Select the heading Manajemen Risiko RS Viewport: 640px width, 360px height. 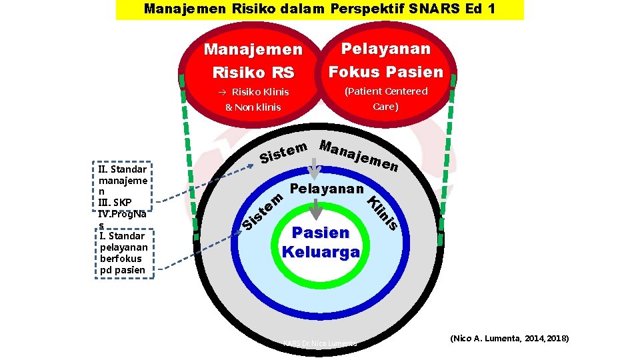click(253, 60)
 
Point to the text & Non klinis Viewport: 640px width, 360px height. click(253, 107)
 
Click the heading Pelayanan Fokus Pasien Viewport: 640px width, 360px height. click(386, 60)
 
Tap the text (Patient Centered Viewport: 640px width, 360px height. click(386, 91)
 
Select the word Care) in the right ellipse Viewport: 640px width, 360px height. click(386, 107)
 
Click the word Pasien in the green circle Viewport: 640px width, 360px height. click(321, 233)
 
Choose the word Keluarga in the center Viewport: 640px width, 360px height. click(321, 252)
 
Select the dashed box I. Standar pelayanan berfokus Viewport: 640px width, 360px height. click(125, 252)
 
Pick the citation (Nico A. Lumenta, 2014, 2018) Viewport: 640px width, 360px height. click(510, 339)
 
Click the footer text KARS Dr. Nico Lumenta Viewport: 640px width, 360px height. click(321, 343)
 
